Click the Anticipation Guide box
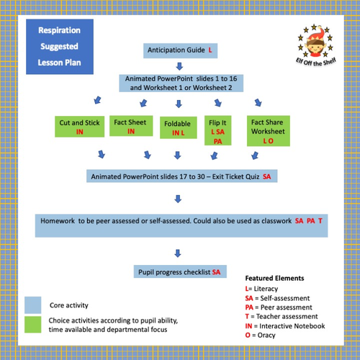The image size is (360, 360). point(180,51)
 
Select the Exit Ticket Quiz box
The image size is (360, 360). point(180,176)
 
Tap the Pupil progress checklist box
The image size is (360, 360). point(180,271)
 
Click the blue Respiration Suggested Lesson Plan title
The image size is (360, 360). point(60,47)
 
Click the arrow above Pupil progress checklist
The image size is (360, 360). point(177,252)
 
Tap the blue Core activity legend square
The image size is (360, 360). point(33,304)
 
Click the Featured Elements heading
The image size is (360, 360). point(274,277)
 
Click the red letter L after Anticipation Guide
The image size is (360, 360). point(210,51)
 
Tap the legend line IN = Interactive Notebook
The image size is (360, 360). point(285,326)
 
